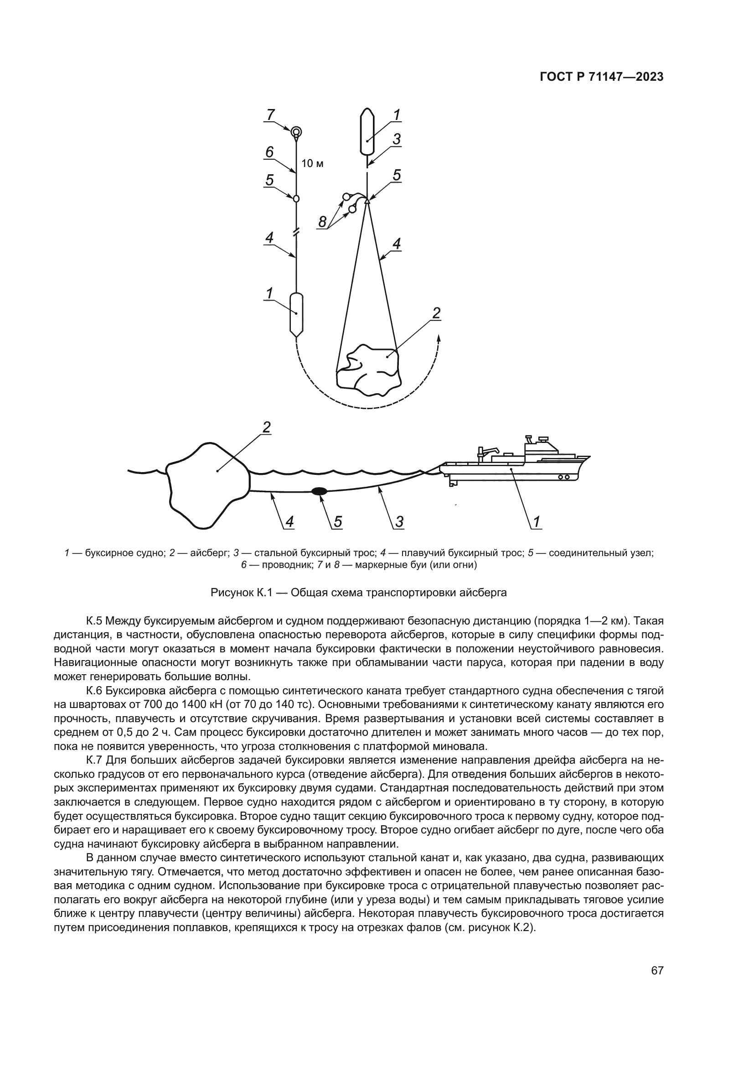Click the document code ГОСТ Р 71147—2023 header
pos(601,77)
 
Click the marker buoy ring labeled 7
pos(296,131)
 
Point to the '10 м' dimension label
pos(312,164)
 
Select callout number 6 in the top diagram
pos(269,152)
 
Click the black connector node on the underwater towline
pos(319,491)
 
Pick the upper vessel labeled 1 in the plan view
pos(367,132)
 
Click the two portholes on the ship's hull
pos(563,477)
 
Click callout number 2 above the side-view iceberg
pos(267,427)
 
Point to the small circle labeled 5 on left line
pos(296,198)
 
